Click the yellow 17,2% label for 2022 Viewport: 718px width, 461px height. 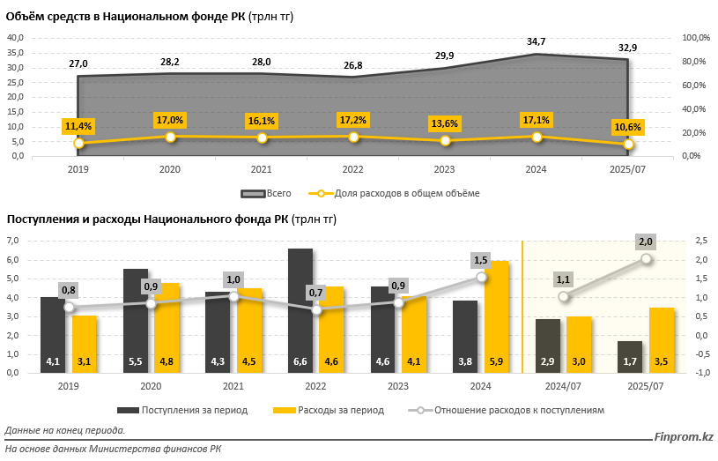click(353, 119)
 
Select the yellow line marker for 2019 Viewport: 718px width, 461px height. click(79, 143)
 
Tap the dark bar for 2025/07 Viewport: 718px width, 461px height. click(630, 356)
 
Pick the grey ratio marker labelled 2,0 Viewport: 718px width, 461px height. click(646, 258)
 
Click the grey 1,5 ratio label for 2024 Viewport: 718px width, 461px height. click(480, 260)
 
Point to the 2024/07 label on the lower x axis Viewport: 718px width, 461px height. click(563, 385)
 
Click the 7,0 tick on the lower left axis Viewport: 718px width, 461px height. click(13, 241)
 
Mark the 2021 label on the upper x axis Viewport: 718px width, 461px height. click(262, 169)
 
